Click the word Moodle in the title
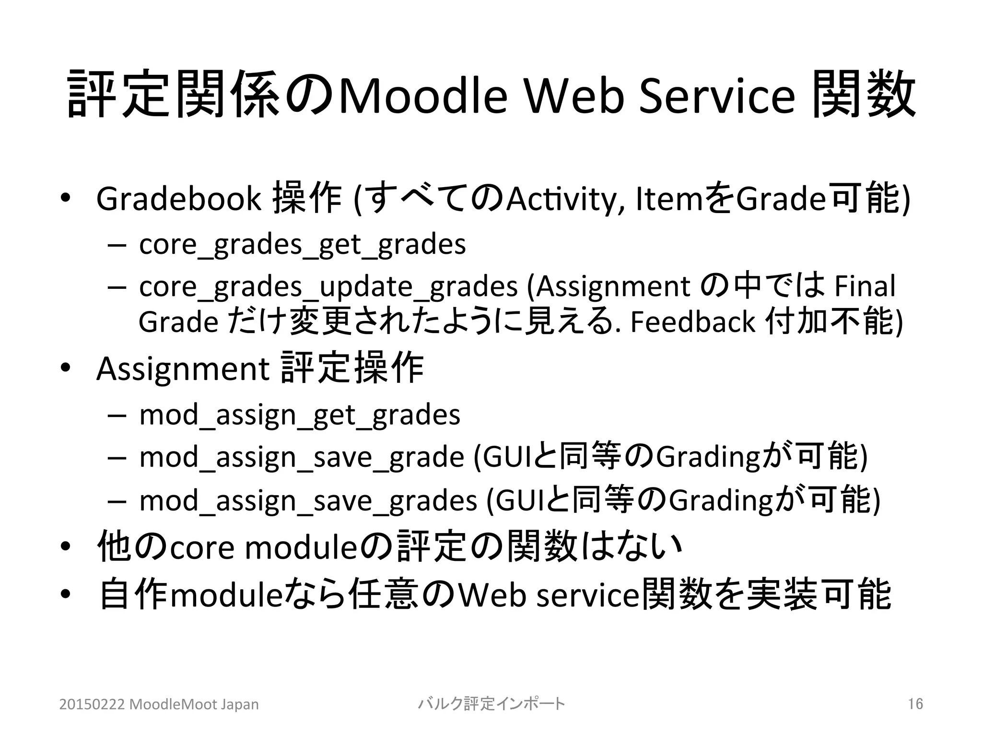tap(422, 96)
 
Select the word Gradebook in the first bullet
tap(178, 199)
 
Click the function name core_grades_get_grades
tap(302, 245)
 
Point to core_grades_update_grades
tap(328, 287)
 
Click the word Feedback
tap(692, 322)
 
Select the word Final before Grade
tap(865, 286)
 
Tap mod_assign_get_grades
tap(300, 415)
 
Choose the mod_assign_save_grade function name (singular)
tap(301, 457)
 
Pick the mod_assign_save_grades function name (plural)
tap(308, 501)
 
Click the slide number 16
tap(915, 704)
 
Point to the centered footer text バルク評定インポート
tap(491, 704)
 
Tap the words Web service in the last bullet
tap(549, 595)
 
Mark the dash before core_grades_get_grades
tap(117, 245)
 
